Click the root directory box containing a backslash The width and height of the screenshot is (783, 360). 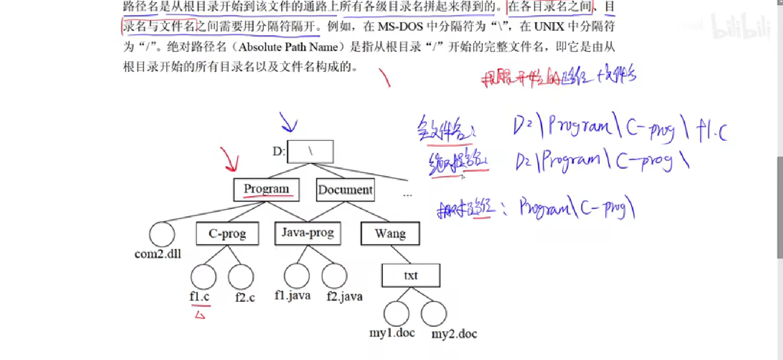pos(310,151)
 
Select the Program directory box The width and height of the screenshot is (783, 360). pos(266,189)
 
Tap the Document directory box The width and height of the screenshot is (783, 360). pos(345,190)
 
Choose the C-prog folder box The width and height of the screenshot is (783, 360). pos(227,234)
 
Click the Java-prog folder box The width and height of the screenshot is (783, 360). pos(308,233)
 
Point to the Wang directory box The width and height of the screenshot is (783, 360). pos(390,234)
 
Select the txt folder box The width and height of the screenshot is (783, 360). pos(411,275)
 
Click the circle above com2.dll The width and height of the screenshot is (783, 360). pos(162,234)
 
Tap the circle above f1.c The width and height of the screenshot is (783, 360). pos(203,277)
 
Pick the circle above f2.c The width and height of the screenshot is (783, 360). pos(241,277)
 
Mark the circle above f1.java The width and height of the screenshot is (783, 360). pos(297,275)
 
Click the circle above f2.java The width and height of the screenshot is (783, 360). pos(334,275)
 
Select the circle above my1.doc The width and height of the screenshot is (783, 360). pos(396,314)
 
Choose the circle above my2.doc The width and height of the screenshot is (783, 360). pos(434,314)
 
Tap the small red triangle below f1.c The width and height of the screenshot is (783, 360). pos(200,315)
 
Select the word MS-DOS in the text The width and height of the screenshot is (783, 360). pos(400,27)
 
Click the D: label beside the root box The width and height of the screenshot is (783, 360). pos(279,151)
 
